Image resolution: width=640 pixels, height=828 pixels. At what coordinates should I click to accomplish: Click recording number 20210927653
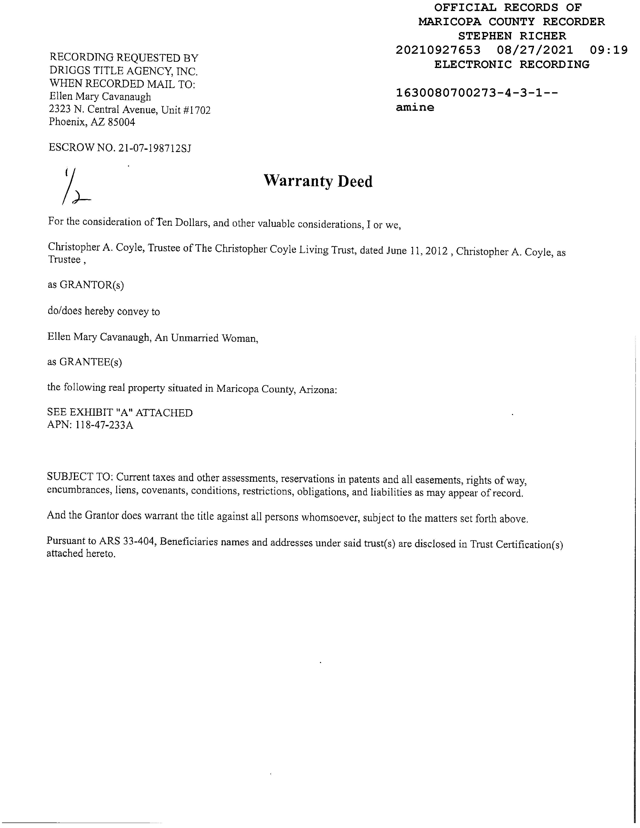coord(438,50)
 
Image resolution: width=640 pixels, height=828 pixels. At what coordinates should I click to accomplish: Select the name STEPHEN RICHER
coord(512,36)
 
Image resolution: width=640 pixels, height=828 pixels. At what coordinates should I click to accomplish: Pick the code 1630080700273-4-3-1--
coord(476,93)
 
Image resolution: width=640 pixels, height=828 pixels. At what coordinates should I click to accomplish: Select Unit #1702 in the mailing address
coord(186,110)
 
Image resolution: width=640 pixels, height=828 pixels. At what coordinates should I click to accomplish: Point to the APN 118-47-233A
coord(104,425)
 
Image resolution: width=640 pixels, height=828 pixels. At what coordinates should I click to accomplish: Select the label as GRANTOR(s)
coord(86,285)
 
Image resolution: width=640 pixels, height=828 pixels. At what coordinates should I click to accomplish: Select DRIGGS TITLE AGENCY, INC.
coord(123,71)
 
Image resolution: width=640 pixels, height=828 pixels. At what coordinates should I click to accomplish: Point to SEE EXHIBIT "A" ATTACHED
coord(120,412)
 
